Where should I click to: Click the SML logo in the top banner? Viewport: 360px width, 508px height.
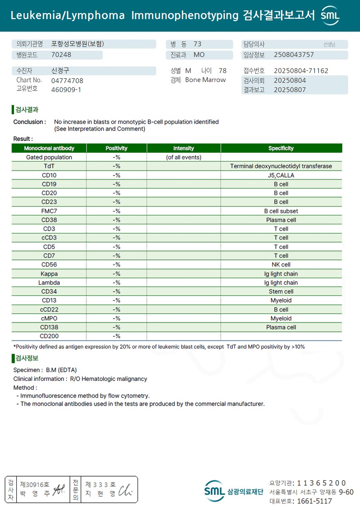pyautogui.click(x=330, y=16)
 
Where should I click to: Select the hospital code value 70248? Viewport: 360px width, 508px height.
pyautogui.click(x=61, y=55)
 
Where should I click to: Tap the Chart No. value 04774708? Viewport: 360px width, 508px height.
pyautogui.click(x=67, y=80)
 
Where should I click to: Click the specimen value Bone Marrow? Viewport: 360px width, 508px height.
pyautogui.click(x=205, y=80)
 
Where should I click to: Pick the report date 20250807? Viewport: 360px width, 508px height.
pyautogui.click(x=290, y=90)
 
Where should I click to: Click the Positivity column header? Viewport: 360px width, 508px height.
pyautogui.click(x=116, y=148)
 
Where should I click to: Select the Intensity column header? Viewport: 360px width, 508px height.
pyautogui.click(x=184, y=148)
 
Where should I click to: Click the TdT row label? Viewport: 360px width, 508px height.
pyautogui.click(x=49, y=166)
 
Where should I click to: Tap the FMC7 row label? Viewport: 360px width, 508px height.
pyautogui.click(x=49, y=211)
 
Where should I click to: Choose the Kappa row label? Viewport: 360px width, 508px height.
pyautogui.click(x=49, y=274)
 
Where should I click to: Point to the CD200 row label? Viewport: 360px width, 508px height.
pyautogui.click(x=49, y=336)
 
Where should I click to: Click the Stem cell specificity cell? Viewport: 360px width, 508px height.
pyautogui.click(x=281, y=291)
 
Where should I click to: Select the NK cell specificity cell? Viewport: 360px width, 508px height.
pyautogui.click(x=281, y=265)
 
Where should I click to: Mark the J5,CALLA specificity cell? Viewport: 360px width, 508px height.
pyautogui.click(x=281, y=175)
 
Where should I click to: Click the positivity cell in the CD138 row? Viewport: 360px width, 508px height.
pyautogui.click(x=116, y=327)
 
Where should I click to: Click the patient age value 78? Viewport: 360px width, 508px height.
pyautogui.click(x=222, y=71)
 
